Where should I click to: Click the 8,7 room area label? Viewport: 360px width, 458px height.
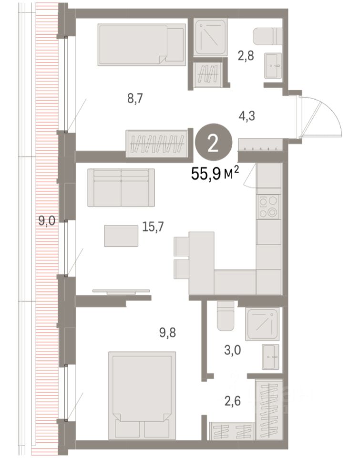tap(135, 99)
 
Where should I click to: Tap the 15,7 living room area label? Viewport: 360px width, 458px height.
tap(153, 226)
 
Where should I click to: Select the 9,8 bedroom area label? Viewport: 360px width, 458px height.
tap(167, 333)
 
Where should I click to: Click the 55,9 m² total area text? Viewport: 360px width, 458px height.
tap(215, 174)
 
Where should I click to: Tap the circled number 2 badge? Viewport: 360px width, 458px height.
tap(214, 143)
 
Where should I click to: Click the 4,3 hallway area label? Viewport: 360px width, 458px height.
tap(247, 116)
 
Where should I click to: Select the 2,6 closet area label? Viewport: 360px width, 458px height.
tap(233, 401)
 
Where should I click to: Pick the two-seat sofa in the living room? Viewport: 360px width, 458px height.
tap(121, 187)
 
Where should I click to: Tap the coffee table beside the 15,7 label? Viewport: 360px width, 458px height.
tap(121, 236)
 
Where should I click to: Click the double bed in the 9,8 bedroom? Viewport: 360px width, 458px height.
tap(142, 396)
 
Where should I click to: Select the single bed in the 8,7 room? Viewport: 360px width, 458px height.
tap(142, 45)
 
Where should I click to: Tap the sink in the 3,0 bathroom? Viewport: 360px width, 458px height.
tap(271, 357)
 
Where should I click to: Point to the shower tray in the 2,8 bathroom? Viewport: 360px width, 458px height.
tap(210, 37)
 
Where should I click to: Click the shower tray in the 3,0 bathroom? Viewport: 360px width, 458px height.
tap(262, 324)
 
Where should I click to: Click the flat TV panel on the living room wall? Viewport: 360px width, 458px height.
tap(121, 291)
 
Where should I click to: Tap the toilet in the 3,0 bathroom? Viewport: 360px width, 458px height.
tap(226, 316)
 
